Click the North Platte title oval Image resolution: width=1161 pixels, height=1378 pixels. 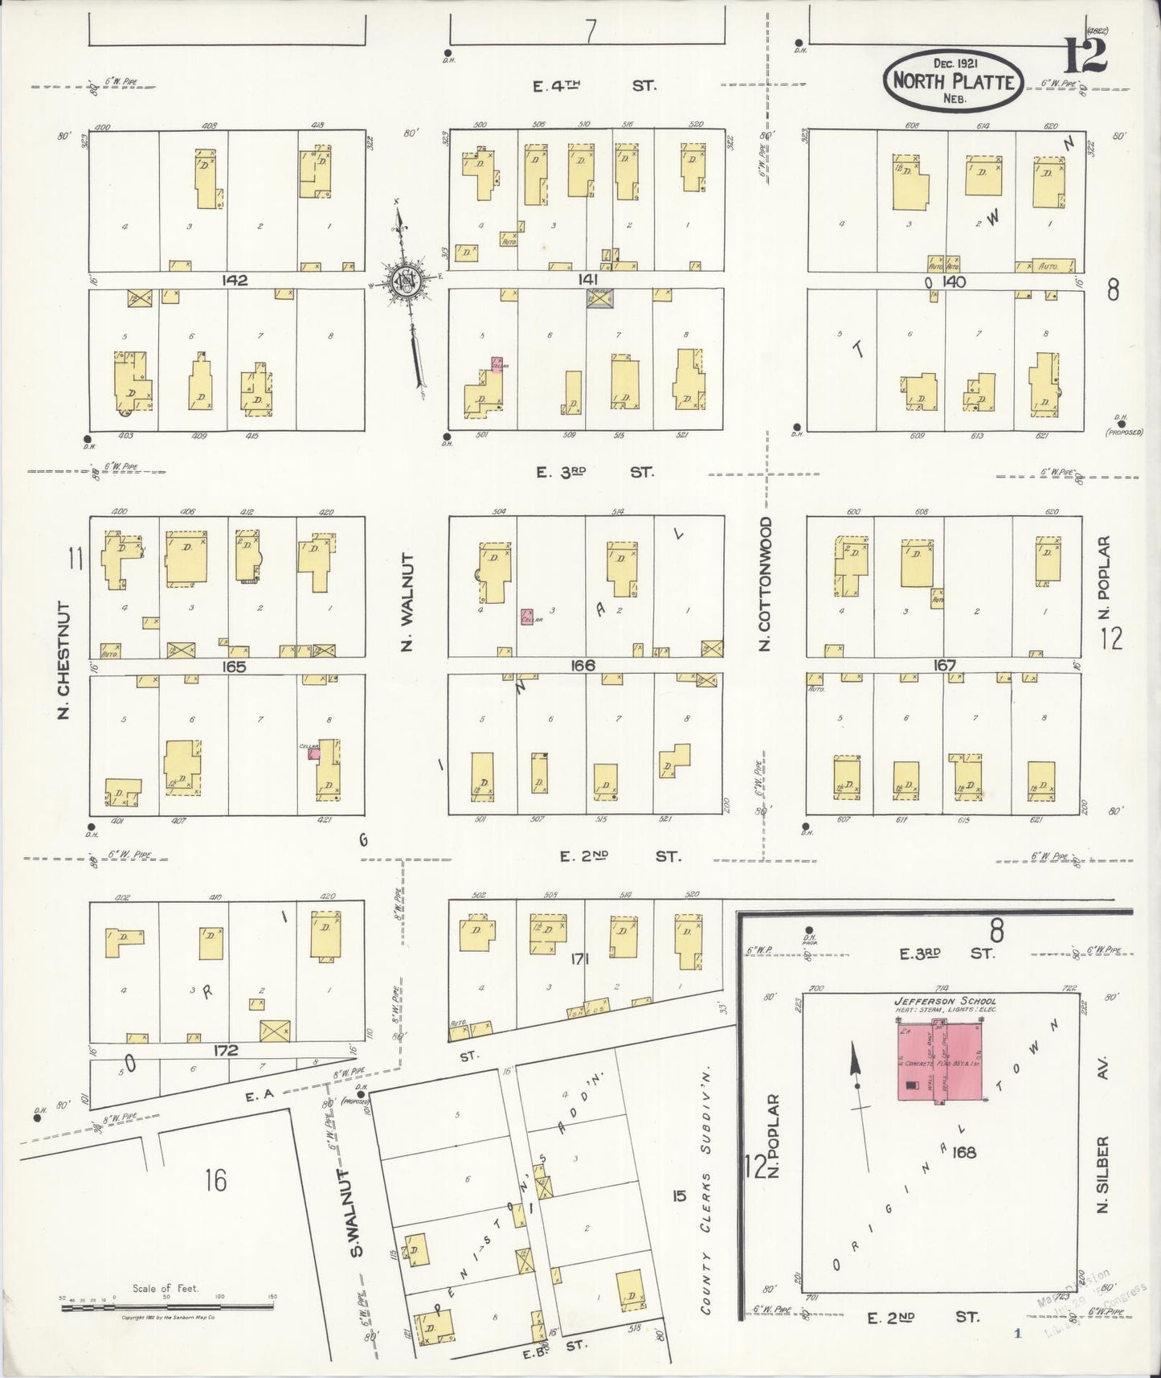(x=953, y=80)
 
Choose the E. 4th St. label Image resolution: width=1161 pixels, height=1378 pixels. (x=595, y=84)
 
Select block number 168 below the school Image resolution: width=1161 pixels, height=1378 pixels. (x=964, y=1152)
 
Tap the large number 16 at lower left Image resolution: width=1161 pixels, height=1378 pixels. (x=215, y=1180)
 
